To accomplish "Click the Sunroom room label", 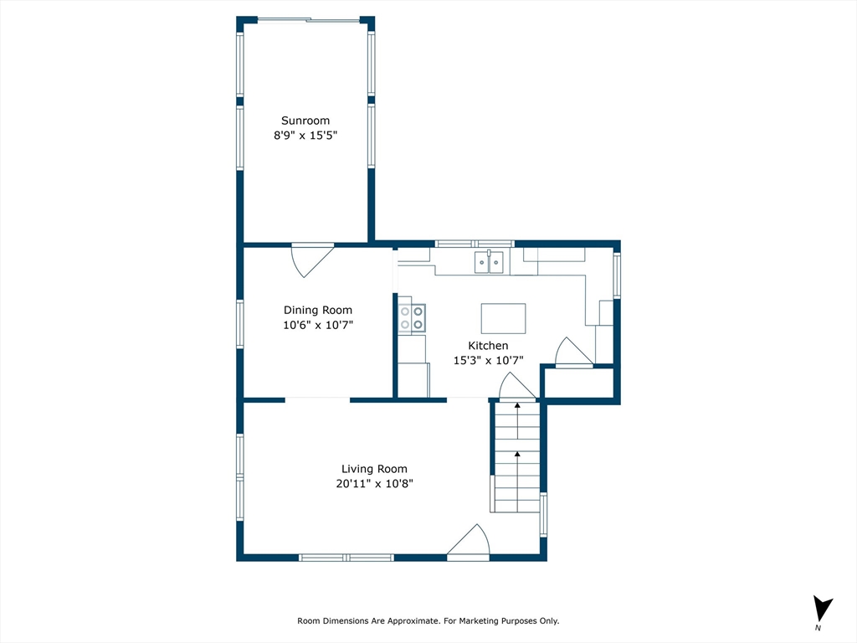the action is (x=305, y=121).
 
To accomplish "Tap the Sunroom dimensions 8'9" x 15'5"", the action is (x=305, y=135).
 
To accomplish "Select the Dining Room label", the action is (x=317, y=310).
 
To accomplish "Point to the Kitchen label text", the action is (x=488, y=346).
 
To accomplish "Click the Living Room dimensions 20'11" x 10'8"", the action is (x=374, y=483).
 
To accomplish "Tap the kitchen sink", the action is (x=489, y=262).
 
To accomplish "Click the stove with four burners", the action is (x=412, y=318).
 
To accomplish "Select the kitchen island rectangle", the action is (x=503, y=318).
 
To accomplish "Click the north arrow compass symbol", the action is (x=822, y=610).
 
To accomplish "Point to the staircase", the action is (x=517, y=457).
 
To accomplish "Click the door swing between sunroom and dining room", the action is (x=312, y=260).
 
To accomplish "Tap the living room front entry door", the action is (x=469, y=542).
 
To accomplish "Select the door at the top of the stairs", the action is (x=517, y=386).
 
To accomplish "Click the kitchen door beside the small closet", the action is (x=574, y=352).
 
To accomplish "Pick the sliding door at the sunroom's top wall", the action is (x=309, y=21).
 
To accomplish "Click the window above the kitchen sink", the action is (x=475, y=244).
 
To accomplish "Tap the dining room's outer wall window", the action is (x=240, y=324).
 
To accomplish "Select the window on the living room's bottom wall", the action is (x=346, y=557).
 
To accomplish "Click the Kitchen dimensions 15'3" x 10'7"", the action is (x=489, y=360).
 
